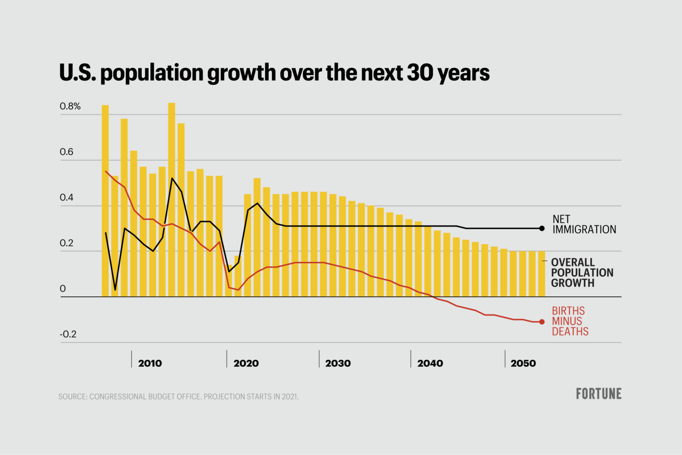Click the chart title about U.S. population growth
(x=274, y=73)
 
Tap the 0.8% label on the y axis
(x=70, y=106)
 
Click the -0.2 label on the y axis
(x=68, y=334)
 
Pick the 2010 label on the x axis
(x=150, y=364)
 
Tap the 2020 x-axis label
(x=246, y=364)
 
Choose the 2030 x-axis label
(x=338, y=364)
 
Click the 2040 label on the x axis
(x=430, y=364)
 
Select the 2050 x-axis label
(x=523, y=364)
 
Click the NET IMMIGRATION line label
(x=584, y=224)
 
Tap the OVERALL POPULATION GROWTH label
(x=582, y=272)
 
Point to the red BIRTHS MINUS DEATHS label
(x=569, y=321)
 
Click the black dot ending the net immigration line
(x=542, y=228)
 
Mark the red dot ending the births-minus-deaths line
(x=542, y=321)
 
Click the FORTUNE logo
(x=598, y=394)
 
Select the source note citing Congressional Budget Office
(x=178, y=397)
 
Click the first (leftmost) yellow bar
(x=105, y=200)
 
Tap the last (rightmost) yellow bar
(x=541, y=273)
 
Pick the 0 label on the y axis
(x=62, y=289)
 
